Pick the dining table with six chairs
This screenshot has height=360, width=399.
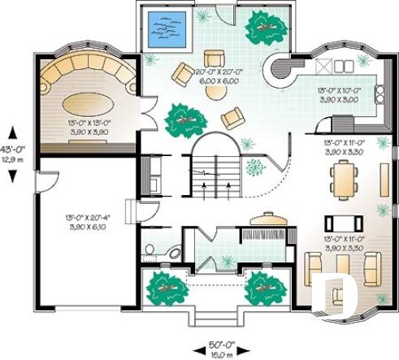coord(345,180)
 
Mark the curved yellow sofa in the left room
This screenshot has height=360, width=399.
coord(89,77)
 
